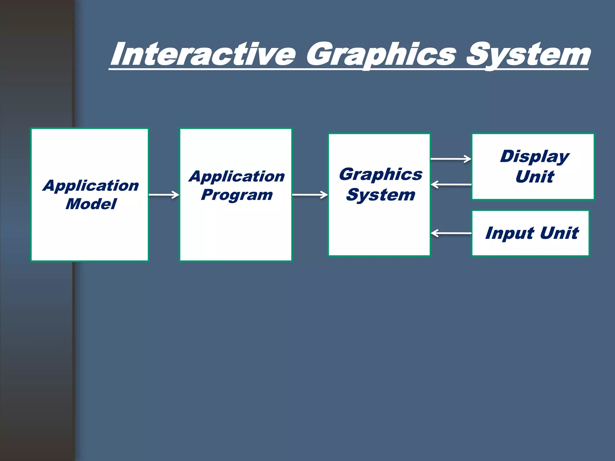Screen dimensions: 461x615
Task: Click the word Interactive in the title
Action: [203, 55]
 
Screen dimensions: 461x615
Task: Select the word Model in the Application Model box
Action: [91, 204]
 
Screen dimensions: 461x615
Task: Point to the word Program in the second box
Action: [237, 195]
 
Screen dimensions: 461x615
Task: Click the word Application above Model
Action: [91, 185]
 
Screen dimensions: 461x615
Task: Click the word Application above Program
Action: [237, 176]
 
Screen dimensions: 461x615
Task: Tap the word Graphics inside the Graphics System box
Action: [381, 174]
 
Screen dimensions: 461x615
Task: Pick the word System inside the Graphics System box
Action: [381, 195]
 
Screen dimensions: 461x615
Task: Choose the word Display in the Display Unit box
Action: [535, 156]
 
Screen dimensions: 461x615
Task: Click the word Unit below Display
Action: [535, 176]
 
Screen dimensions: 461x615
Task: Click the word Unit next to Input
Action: [559, 233]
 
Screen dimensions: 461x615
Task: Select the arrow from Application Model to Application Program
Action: [164, 195]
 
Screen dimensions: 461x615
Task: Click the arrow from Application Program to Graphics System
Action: [310, 195]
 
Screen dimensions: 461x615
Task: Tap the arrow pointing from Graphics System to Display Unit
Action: [451, 159]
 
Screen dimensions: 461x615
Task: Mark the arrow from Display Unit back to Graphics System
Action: [451, 184]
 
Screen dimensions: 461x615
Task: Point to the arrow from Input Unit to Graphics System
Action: [451, 233]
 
